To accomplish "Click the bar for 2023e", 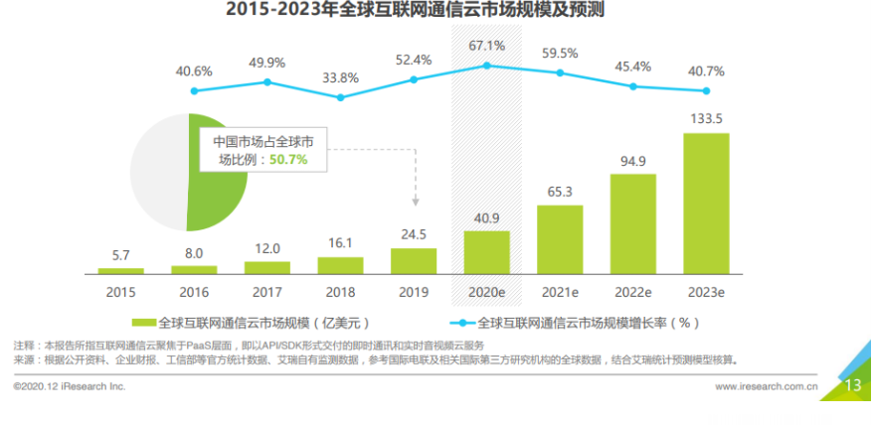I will (706, 204).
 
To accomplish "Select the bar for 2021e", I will (560, 239).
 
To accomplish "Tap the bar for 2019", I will (414, 261).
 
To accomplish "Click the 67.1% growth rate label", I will (487, 46).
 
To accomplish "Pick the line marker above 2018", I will (341, 97).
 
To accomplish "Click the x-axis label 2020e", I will (487, 293).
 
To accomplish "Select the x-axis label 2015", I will (121, 293).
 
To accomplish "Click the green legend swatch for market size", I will (143, 323).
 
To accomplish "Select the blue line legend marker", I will (460, 323).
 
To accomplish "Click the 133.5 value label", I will (706, 118).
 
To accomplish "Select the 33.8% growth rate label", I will (341, 78).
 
